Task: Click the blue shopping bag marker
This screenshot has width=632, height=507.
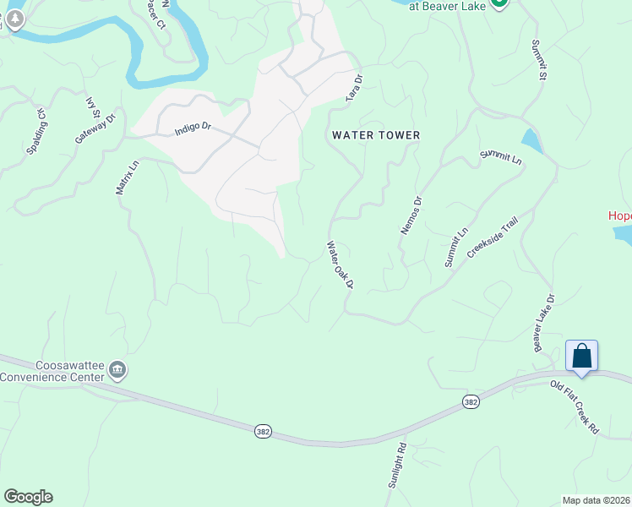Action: (581, 355)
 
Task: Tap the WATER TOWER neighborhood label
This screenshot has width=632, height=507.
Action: (376, 135)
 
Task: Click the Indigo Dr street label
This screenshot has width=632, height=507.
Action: (192, 131)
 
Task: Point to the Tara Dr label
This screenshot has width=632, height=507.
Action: (355, 89)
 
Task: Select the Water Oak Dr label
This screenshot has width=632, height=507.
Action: (340, 264)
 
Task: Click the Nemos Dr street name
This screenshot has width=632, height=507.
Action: (411, 215)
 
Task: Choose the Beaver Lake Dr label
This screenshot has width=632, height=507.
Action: (542, 324)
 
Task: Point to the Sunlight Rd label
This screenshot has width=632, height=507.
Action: (396, 466)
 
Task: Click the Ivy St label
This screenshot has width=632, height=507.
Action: (93, 108)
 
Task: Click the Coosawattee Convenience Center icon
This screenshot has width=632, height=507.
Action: (117, 369)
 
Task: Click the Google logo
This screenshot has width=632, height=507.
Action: (28, 497)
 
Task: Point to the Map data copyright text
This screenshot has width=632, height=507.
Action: (597, 500)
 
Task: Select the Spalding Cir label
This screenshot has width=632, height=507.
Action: (38, 131)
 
